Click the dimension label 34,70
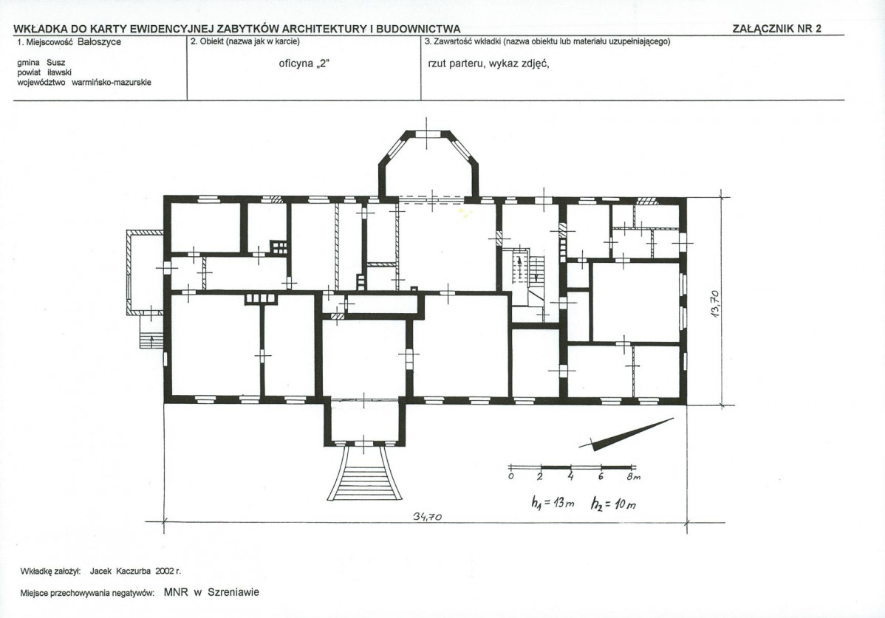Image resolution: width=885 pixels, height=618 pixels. click(427, 517)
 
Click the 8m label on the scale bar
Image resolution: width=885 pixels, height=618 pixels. click(634, 476)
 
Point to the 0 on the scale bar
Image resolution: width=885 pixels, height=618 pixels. click(510, 476)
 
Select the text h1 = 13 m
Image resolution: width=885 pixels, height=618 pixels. click(553, 503)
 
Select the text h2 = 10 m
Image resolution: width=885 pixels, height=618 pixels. click(614, 504)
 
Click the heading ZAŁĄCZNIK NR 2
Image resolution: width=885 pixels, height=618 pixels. click(776, 29)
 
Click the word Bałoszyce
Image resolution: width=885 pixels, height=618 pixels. click(99, 42)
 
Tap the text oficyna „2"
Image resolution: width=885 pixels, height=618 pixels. click(304, 63)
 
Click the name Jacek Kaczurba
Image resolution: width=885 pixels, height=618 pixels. click(120, 571)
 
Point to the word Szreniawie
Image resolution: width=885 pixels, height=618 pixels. click(233, 592)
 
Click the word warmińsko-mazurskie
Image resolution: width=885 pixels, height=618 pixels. click(112, 82)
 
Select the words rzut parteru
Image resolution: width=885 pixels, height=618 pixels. click(456, 63)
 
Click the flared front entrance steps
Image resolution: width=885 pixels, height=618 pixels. click(365, 473)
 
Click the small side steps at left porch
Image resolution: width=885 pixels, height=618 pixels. click(151, 340)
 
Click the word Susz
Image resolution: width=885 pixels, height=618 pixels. click(56, 63)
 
